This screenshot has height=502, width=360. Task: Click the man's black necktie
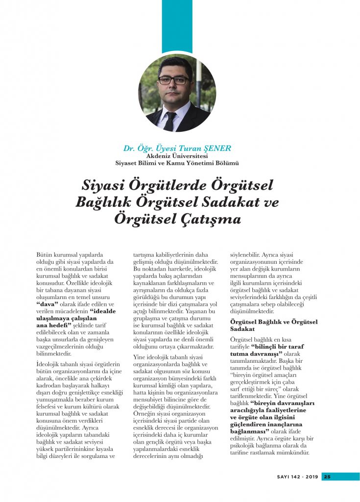tap(170, 120)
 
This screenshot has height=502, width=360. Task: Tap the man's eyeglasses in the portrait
tap(173, 79)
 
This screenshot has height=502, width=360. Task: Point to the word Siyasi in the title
tap(101, 187)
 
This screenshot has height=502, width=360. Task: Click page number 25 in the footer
tap(328, 476)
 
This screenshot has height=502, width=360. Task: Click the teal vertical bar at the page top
tap(177, 25)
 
